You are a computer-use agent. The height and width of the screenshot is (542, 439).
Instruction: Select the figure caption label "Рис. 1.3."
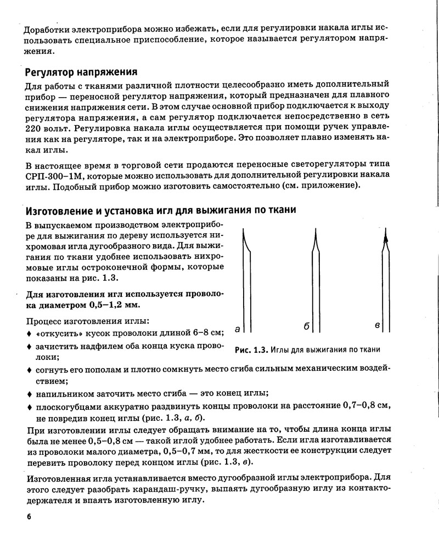coord(251,350)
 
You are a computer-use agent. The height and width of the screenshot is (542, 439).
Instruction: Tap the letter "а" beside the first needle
coord(237,329)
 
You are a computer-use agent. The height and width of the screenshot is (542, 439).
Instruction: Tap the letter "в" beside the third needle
coord(378,326)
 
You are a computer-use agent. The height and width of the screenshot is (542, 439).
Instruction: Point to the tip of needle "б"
coord(315,229)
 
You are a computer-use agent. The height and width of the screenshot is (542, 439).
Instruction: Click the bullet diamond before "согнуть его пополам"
coord(29,370)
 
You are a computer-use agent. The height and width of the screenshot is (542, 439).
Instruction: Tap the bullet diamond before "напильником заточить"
coord(29,394)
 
